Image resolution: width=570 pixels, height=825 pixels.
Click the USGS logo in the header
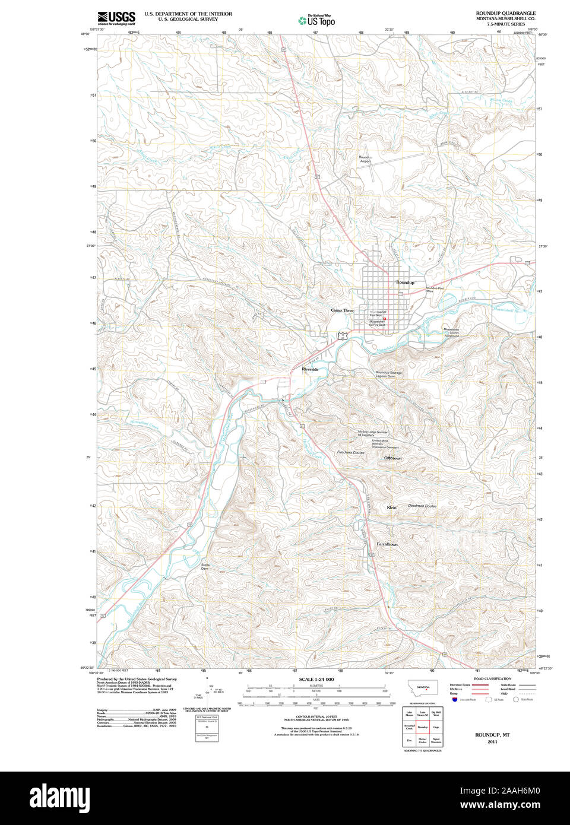coord(116,17)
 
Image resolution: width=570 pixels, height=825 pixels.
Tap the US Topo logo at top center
coord(317,20)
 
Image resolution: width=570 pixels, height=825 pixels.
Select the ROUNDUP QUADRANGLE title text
coord(505,13)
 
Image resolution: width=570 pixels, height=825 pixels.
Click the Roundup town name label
coord(405,283)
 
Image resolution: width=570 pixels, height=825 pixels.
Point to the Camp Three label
coord(342,310)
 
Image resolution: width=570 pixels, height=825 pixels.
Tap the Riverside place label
coord(310,369)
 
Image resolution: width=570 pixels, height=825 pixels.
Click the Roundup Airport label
coord(365,159)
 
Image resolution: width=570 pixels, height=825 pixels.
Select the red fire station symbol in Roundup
coord(385,319)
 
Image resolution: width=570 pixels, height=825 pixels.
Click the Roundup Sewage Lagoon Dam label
coord(388,375)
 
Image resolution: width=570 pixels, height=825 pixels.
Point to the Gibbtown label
coord(392,458)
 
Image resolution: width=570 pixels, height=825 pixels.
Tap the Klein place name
coord(391,507)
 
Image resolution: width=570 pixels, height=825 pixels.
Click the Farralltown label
coord(387,544)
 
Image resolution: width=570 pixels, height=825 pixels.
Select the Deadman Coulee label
coord(422,506)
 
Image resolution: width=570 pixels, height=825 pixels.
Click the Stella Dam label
coord(205,566)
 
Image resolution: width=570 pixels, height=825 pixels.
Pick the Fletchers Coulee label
coord(351,452)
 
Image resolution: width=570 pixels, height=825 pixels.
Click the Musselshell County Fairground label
coord(451,332)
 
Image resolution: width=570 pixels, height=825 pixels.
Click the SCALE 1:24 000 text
coord(316,679)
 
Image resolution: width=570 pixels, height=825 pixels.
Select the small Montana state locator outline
coord(423,687)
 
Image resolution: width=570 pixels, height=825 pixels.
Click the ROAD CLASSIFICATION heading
coord(492,678)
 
